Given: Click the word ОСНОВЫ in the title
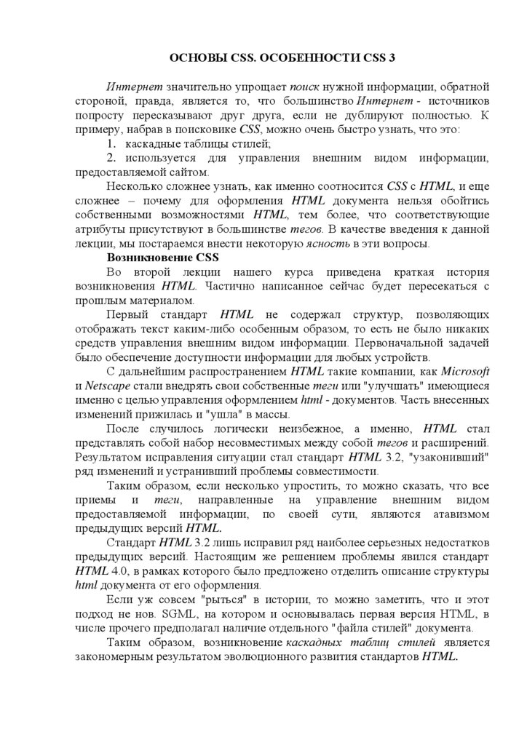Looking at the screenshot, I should (191, 57).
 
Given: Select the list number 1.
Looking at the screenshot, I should (111, 144).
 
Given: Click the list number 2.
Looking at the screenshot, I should (111, 158).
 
